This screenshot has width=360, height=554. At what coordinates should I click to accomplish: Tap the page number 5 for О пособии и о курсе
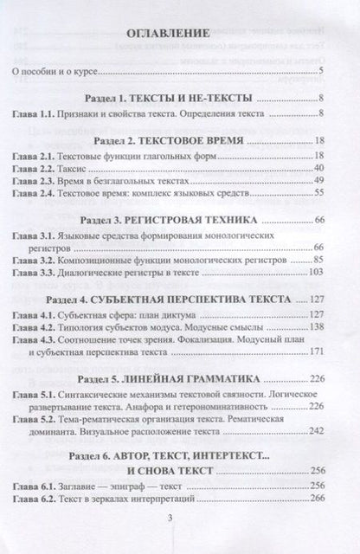point(321,71)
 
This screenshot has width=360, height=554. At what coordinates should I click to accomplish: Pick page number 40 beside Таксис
point(318,168)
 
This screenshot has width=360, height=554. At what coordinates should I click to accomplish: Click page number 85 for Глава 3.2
point(318,261)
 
